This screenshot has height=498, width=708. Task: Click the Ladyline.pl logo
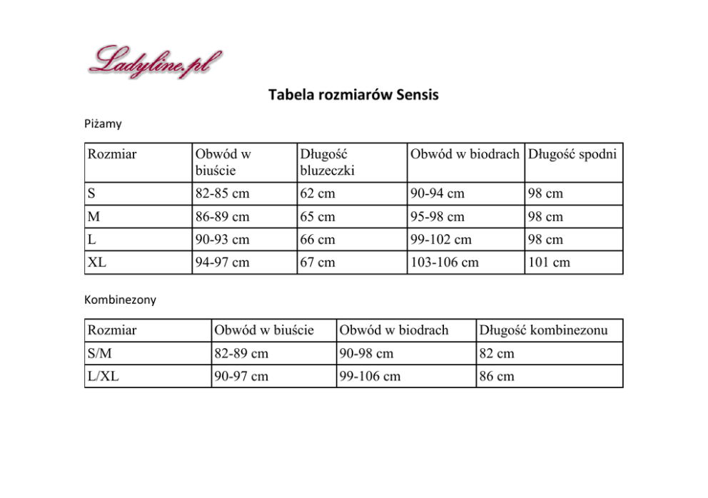point(155,62)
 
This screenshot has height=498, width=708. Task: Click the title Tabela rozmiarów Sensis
point(353,95)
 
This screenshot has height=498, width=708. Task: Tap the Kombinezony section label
point(120,300)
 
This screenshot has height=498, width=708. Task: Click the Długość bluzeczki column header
point(328,162)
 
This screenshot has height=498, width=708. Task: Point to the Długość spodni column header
point(572,154)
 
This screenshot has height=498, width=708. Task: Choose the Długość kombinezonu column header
point(543,330)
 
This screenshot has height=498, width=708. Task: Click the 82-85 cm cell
point(223,193)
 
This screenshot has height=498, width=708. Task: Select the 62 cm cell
point(318,193)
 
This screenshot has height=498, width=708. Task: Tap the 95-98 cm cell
point(437,216)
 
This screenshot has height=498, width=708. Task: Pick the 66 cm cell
point(318,240)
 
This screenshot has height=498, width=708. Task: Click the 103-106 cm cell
point(445,263)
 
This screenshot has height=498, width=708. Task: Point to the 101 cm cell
point(549,263)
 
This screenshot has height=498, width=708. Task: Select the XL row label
point(97,263)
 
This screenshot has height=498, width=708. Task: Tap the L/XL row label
point(103,376)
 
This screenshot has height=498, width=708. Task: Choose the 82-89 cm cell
point(241,353)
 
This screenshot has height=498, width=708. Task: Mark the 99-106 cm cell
point(370,376)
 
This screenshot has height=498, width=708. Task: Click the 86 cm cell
point(497,376)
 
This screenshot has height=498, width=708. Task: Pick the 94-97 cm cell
point(223,263)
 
